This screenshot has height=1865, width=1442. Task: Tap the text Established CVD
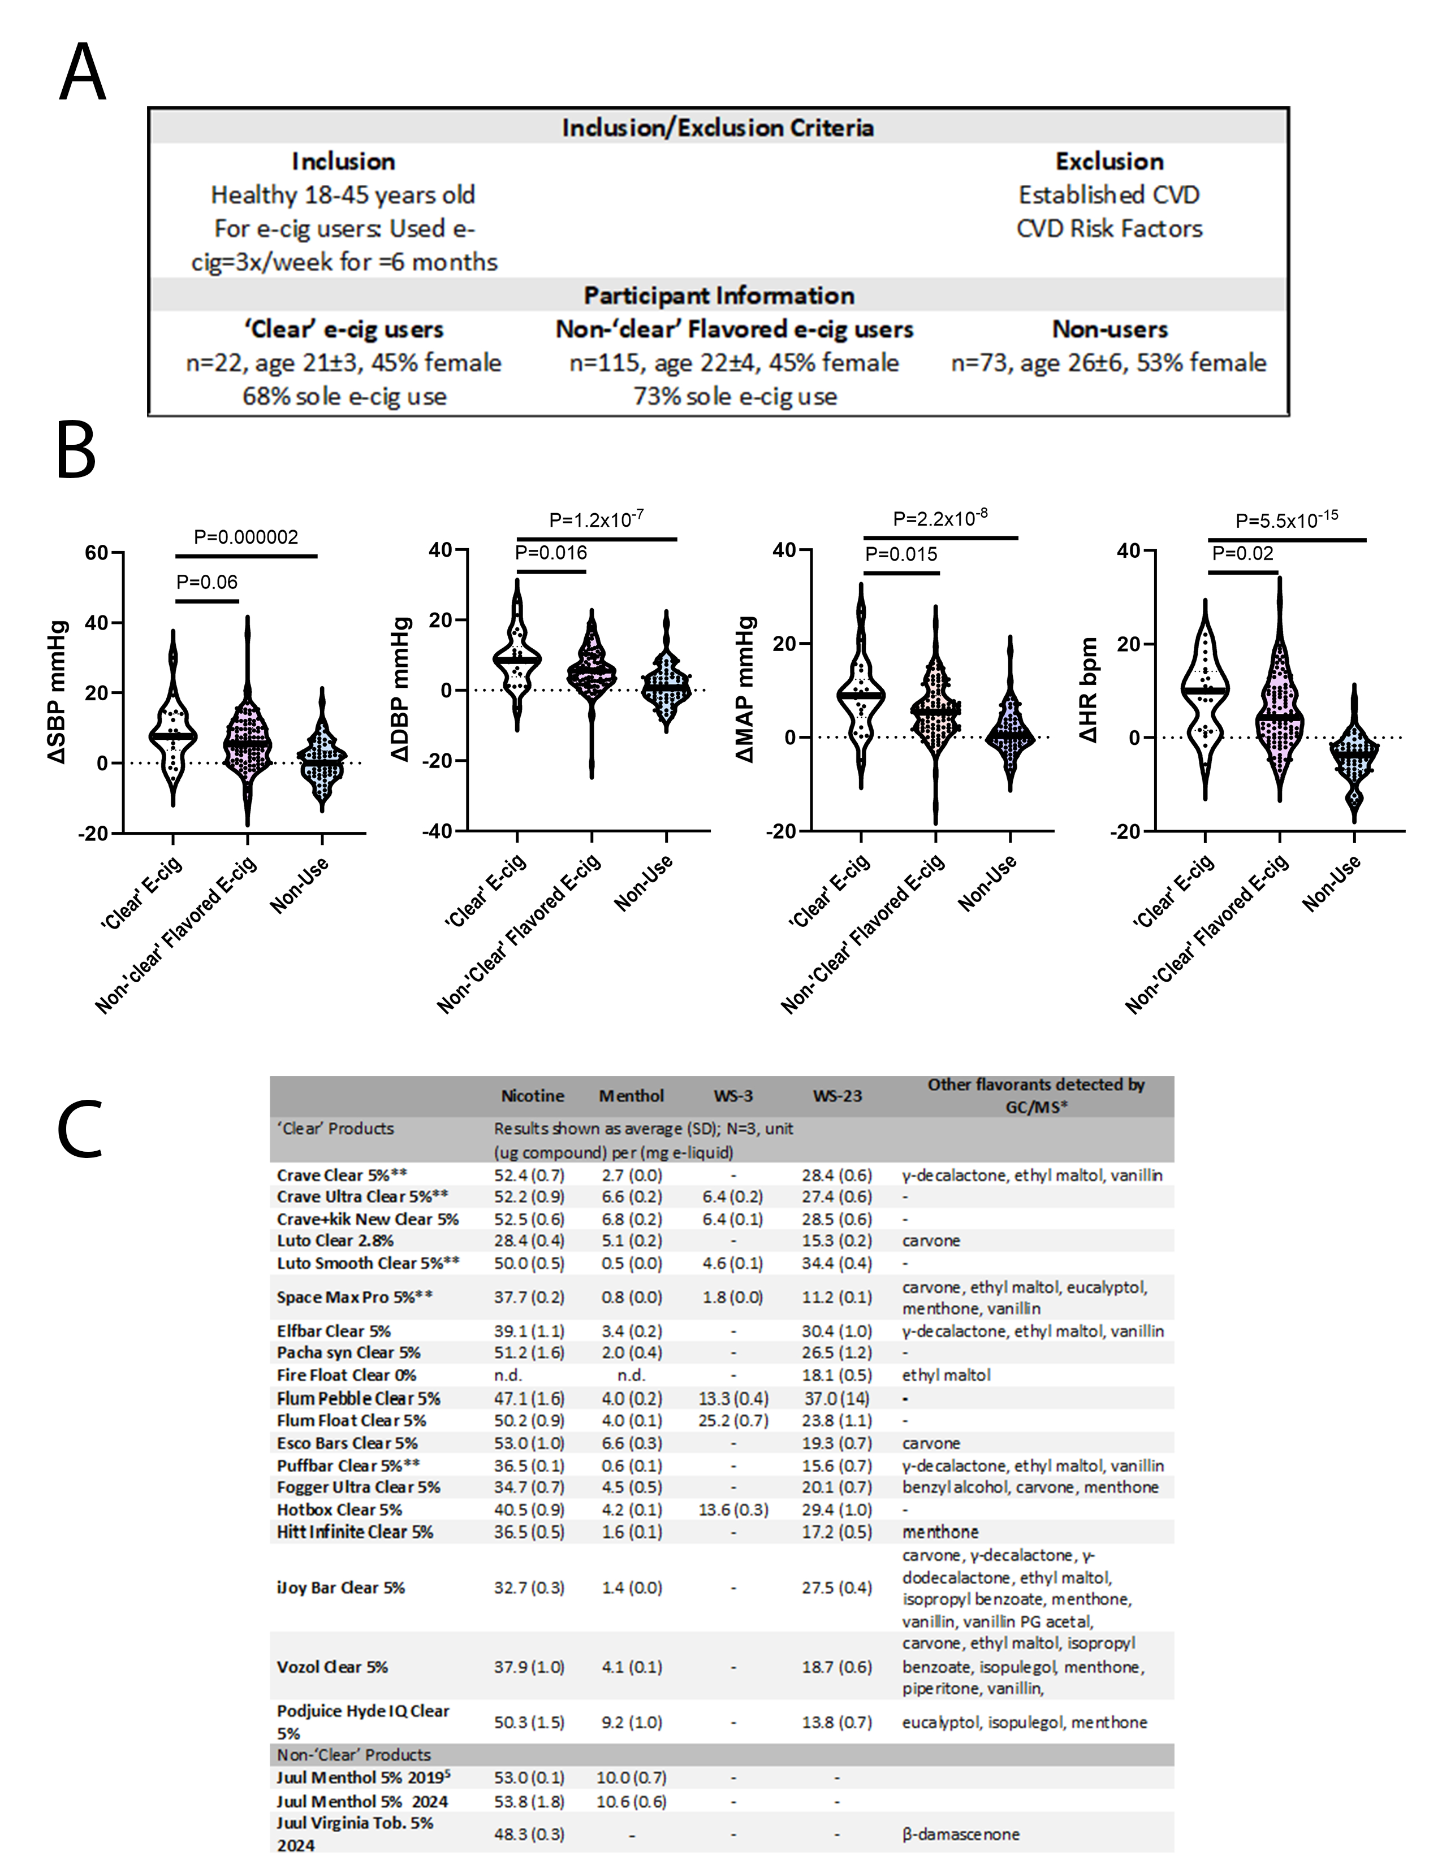1109,195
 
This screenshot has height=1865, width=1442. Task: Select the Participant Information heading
718,296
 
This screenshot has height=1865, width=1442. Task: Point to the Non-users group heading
1109,329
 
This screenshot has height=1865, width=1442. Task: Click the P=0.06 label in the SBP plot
207,582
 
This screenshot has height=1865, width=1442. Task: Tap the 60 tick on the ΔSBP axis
97,553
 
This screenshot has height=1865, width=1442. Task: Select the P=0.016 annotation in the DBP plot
551,553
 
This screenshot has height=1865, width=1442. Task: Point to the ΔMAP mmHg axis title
746,690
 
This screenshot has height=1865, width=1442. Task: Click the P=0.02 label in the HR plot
1242,553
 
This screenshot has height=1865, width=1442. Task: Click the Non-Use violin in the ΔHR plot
1354,756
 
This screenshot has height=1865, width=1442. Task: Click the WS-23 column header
837,1096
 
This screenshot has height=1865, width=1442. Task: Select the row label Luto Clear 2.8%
335,1241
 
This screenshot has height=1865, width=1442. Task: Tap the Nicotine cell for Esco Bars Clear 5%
529,1443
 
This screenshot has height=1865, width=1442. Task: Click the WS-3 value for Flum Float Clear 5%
734,1421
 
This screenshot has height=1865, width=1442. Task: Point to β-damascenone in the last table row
960,1834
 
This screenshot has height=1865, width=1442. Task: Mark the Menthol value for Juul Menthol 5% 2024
631,1802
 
